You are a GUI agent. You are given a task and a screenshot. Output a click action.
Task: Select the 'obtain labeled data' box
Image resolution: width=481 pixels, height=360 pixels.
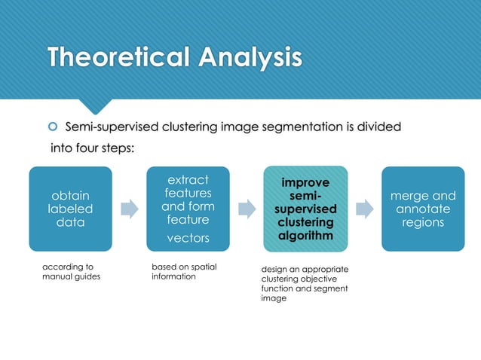[x=70, y=209]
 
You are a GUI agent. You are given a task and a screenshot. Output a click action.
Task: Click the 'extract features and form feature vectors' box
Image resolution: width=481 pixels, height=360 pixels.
[x=188, y=209]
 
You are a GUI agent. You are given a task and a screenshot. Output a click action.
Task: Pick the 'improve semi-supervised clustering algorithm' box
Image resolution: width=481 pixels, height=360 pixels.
[x=305, y=209]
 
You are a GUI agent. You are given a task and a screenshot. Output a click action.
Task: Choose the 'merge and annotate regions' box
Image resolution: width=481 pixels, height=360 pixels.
[x=423, y=209]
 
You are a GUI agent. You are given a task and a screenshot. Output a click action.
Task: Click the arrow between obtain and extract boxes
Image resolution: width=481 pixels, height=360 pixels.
[x=129, y=209]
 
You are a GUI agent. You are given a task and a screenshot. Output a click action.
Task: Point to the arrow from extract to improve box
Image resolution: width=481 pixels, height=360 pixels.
[x=247, y=209]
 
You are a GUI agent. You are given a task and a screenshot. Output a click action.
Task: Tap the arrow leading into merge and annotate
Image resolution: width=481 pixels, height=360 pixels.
[x=364, y=209]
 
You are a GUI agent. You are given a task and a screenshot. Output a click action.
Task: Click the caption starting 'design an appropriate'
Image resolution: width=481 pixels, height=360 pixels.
[x=304, y=283]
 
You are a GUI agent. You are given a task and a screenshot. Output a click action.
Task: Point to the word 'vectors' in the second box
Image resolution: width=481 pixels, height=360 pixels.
[x=188, y=238]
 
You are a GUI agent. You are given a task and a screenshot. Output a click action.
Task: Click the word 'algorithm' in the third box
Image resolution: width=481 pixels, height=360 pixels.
[x=305, y=236]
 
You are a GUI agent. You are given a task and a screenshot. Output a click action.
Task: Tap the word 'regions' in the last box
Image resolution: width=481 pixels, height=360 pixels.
[x=423, y=222]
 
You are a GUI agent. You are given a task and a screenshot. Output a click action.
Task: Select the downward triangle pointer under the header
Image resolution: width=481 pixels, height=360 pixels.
[x=97, y=106]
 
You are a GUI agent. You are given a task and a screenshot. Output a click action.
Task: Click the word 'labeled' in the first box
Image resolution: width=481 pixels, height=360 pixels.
[x=70, y=209]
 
